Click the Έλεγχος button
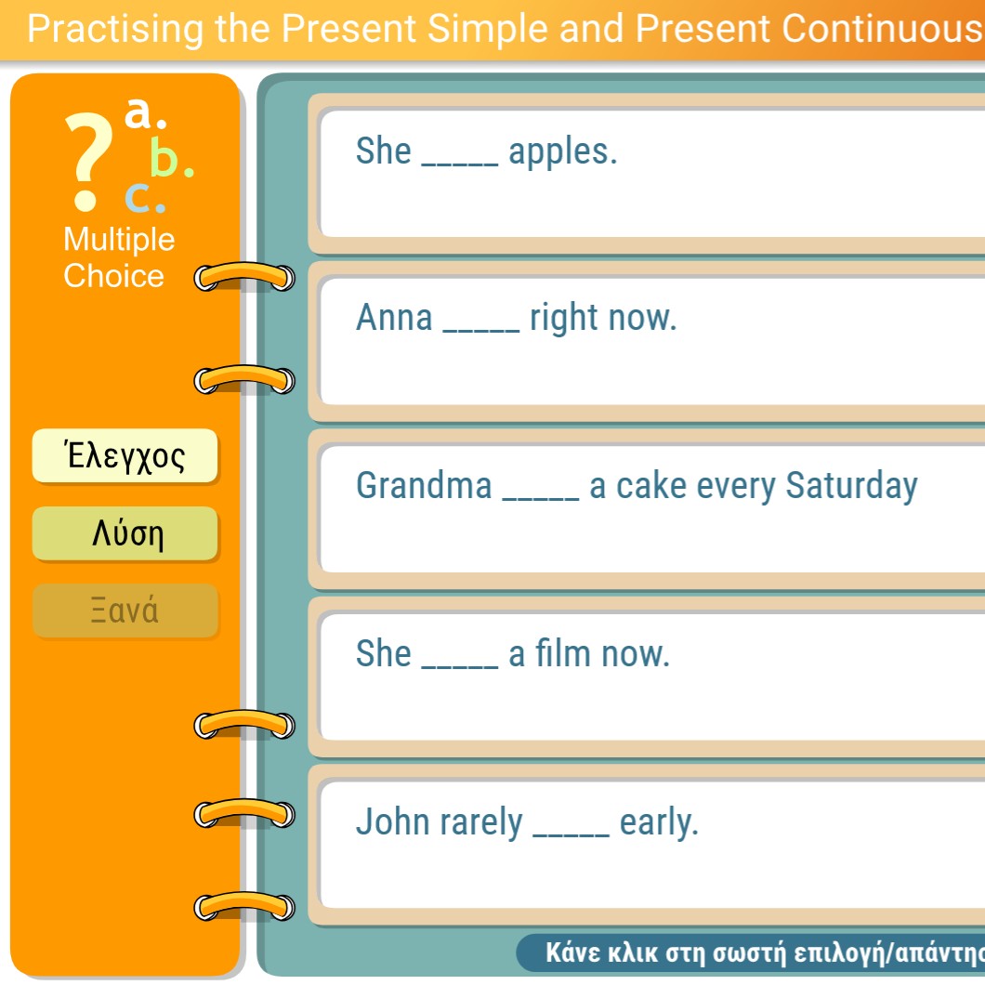click(x=125, y=456)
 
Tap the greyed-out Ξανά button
click(x=125, y=611)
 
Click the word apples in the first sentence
click(x=563, y=152)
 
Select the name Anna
click(x=394, y=317)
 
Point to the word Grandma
click(x=424, y=486)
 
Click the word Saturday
click(x=852, y=487)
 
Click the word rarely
click(x=481, y=823)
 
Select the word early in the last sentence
click(x=659, y=823)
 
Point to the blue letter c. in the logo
click(x=145, y=197)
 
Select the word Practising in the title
click(x=115, y=30)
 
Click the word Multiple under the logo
click(x=119, y=240)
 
